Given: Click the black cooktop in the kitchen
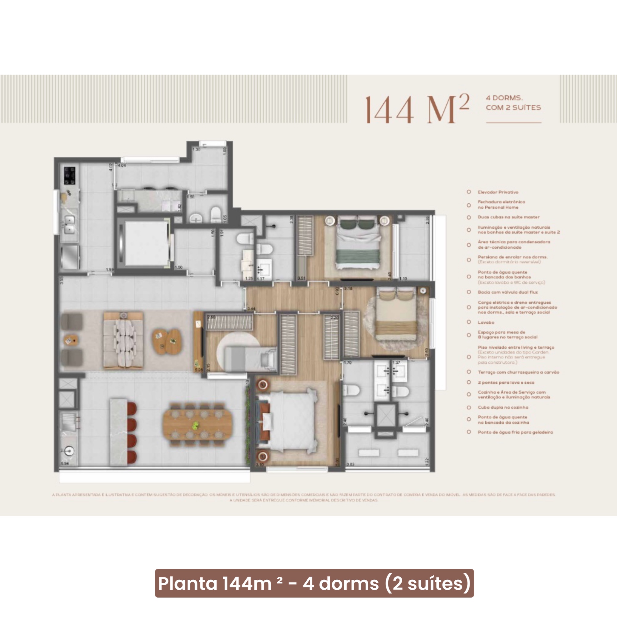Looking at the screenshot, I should point(70,176).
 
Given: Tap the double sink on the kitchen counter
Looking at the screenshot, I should point(70,225).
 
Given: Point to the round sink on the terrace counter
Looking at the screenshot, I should point(69,451).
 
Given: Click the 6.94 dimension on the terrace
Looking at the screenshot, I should point(64,463).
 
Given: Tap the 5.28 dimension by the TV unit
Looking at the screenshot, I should point(199,370).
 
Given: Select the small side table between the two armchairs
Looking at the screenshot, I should point(71,339).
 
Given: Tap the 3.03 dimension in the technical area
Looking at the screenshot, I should point(350,464).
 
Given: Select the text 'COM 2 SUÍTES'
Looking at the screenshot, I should point(513,108).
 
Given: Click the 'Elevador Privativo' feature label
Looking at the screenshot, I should point(498,192).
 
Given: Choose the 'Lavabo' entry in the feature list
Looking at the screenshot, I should point(486,323).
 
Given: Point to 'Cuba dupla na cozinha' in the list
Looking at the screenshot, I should point(503,407).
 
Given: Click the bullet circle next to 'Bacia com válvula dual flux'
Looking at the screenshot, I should point(469,292).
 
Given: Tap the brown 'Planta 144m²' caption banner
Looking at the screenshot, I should point(314,583).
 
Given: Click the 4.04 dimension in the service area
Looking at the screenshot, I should point(122,165).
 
